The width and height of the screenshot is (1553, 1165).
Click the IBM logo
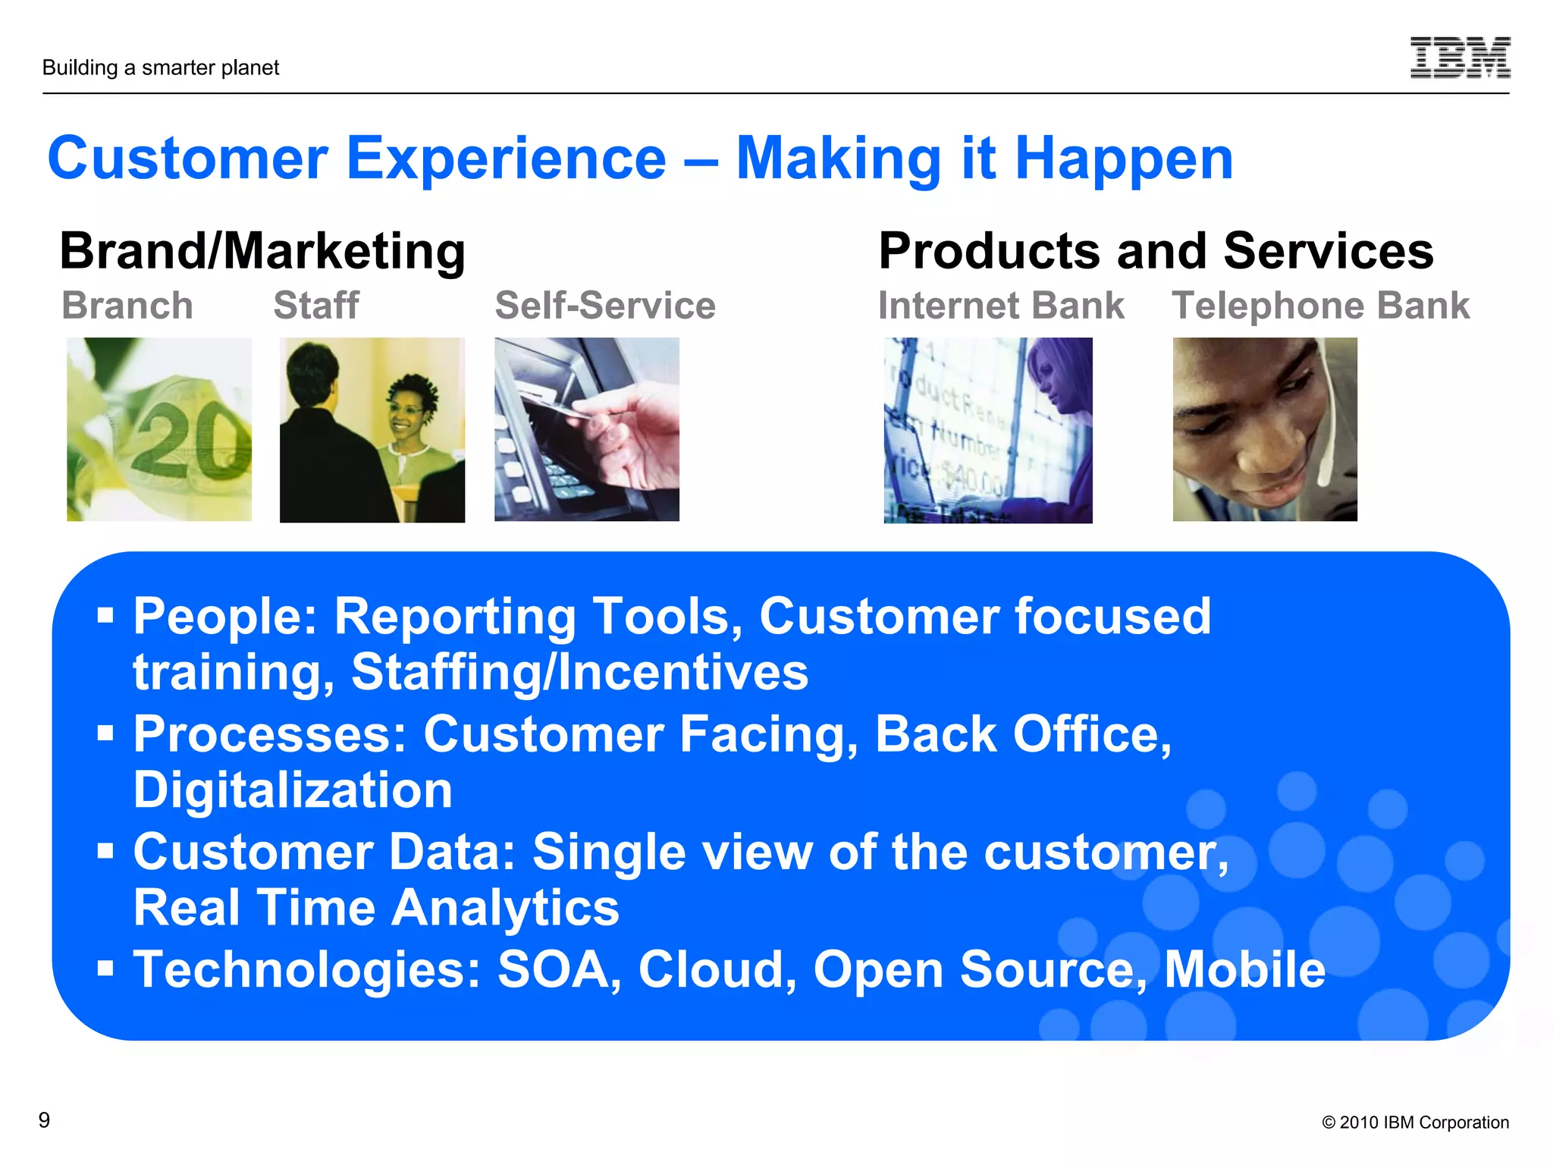pos(1460,58)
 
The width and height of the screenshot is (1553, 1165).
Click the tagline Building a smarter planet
pos(161,68)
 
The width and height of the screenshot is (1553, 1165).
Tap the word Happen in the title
pos(1124,159)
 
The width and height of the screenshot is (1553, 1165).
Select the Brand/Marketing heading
pos(262,251)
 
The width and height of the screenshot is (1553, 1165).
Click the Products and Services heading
pos(1156,251)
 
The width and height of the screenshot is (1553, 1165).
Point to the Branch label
pos(127,306)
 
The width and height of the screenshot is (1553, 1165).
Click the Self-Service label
pos(605,306)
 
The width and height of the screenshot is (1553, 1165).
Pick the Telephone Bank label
pos(1320,306)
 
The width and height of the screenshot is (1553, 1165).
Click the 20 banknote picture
pos(159,429)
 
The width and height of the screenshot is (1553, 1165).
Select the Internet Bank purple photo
pos(987,430)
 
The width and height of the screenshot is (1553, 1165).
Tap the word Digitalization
pos(293,790)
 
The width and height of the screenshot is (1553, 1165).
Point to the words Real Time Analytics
pos(376,908)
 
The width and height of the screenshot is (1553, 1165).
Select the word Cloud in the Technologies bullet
pos(717,969)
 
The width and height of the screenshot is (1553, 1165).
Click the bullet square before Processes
pos(105,733)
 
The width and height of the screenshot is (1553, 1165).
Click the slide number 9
pos(45,1120)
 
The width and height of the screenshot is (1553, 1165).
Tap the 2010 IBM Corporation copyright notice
pos(1415,1123)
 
